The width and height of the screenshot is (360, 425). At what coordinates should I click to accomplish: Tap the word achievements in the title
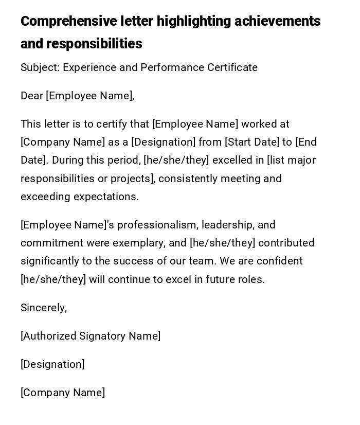(x=277, y=22)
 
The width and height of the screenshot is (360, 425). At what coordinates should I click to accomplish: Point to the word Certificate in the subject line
(x=232, y=67)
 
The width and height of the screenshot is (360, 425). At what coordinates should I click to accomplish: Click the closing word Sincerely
(x=43, y=308)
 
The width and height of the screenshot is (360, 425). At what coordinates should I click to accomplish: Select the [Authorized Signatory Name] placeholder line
(x=91, y=336)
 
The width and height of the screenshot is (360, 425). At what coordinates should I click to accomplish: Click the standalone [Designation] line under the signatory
(x=52, y=364)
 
